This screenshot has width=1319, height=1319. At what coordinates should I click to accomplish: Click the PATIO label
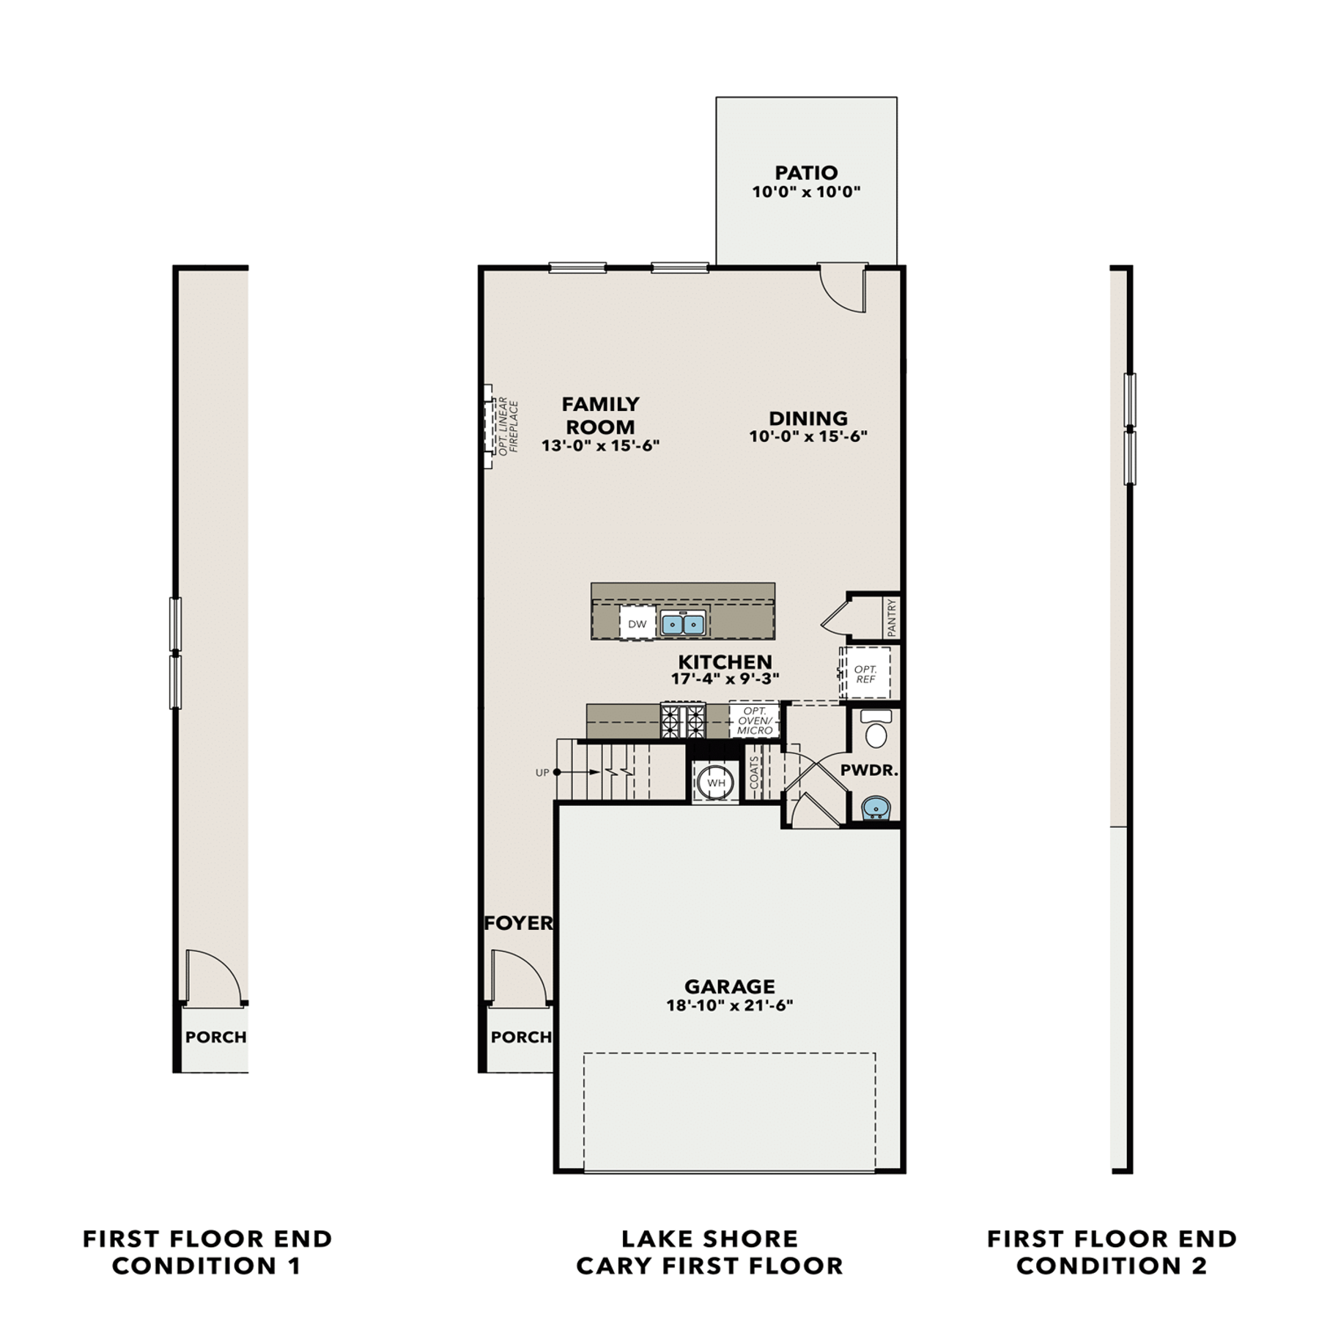806,173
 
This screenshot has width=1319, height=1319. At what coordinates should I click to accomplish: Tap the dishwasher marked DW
638,624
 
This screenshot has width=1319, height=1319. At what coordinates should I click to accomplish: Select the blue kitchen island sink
683,624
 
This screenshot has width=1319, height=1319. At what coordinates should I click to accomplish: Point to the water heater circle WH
716,783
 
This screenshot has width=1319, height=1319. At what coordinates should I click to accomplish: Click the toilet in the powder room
876,728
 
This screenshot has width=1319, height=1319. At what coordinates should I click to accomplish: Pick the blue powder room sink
876,808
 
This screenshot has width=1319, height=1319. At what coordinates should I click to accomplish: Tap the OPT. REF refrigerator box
865,673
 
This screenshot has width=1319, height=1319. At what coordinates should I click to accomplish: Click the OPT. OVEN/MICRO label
755,721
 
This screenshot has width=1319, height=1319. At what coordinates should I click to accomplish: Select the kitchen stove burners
683,720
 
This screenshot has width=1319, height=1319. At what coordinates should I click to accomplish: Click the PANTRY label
891,618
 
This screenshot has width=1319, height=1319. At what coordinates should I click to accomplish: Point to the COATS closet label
754,773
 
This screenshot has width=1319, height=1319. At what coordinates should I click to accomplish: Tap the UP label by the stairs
542,772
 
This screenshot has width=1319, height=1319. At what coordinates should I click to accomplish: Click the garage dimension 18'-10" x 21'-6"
730,1005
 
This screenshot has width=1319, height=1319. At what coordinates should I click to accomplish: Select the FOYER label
519,923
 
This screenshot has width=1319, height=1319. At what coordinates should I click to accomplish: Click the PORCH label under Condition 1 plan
215,1037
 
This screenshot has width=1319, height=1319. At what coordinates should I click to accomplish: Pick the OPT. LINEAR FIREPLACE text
509,426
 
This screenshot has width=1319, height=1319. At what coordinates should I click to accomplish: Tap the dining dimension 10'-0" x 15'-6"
808,436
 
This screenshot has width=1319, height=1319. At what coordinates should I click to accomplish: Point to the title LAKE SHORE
709,1238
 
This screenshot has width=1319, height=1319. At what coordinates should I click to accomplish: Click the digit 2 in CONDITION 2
1199,1266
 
